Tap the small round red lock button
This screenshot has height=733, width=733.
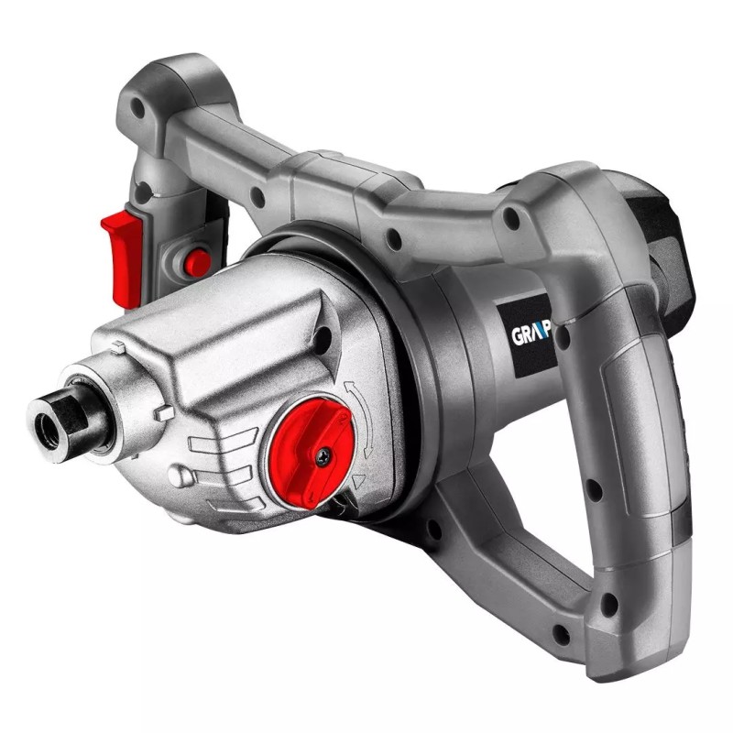[x=196, y=263]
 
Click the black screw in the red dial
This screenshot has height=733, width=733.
[x=323, y=454]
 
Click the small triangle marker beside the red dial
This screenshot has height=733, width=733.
[x=358, y=477]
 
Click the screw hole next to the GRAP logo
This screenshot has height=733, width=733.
[x=562, y=335]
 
